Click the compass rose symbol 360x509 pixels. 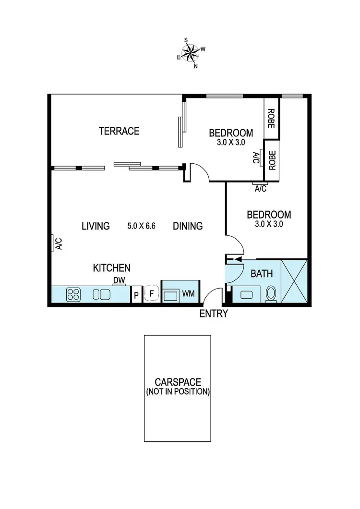point(192,53)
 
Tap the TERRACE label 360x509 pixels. point(119,131)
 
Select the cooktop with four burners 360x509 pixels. point(73,294)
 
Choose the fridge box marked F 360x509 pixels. point(152,293)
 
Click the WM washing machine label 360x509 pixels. point(189,294)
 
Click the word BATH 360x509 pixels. point(262,274)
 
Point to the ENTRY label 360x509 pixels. point(214,314)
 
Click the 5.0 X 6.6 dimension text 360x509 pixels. point(142,226)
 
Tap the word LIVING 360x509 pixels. point(96,226)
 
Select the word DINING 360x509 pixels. point(188,226)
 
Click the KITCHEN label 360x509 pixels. point(112,268)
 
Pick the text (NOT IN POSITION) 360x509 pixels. point(178,392)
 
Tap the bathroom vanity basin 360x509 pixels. point(246,294)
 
